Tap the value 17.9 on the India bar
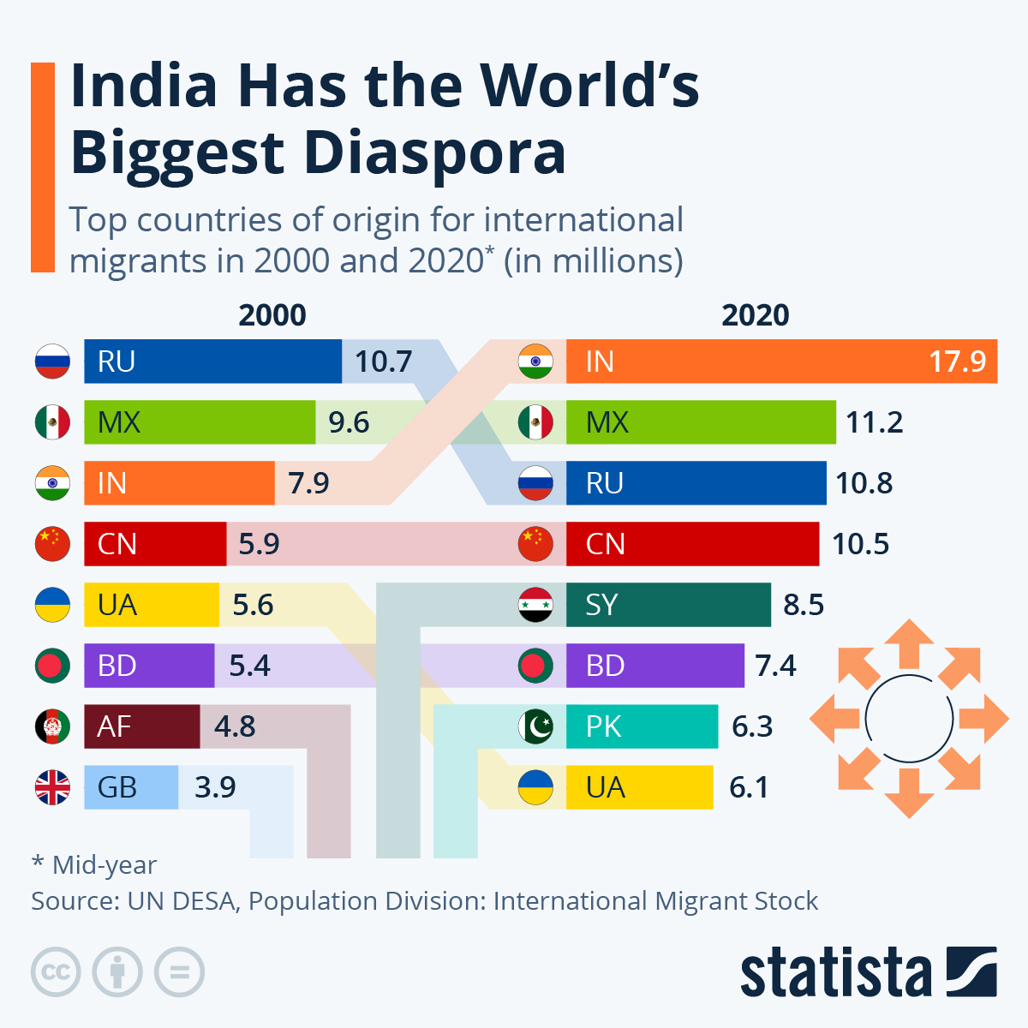tap(957, 362)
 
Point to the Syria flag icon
tap(535, 605)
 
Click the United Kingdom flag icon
tap(52, 787)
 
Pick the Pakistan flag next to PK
tap(535, 726)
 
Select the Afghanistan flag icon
tap(52, 726)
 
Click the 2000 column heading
tap(272, 315)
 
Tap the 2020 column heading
tap(755, 315)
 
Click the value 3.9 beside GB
tap(215, 787)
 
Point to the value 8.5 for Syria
tap(804, 605)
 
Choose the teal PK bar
tap(642, 726)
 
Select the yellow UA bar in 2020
tap(639, 787)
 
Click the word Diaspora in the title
tap(434, 154)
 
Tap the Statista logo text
tap(835, 973)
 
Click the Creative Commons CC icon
tap(56, 972)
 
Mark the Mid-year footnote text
tap(94, 865)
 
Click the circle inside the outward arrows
tap(909, 718)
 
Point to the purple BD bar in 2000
tap(149, 666)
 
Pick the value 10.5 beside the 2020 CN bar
tap(860, 544)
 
